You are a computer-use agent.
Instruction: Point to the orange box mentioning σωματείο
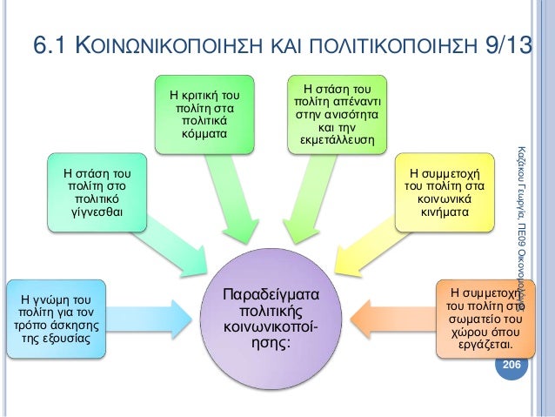tap(481, 317)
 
